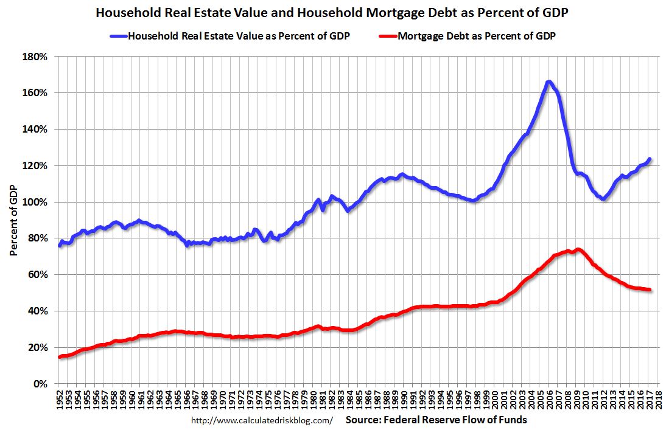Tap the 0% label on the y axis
[x=41, y=384]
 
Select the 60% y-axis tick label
[x=38, y=275]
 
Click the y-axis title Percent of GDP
[x=13, y=219]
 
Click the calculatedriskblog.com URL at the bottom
[x=262, y=420]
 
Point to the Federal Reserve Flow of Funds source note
[x=436, y=420]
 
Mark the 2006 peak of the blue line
[x=549, y=82]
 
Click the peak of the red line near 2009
[x=578, y=249]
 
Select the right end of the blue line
[x=650, y=159]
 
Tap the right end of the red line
[x=650, y=290]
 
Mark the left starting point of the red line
[x=60, y=357]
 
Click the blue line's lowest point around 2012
[x=603, y=198]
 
